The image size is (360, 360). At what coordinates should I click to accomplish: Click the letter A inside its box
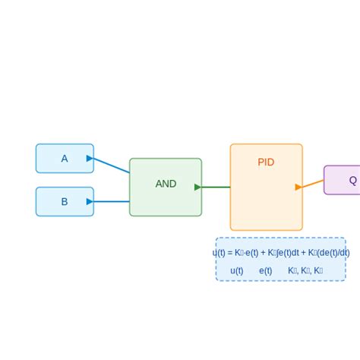(65, 159)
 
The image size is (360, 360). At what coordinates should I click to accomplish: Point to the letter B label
(65, 202)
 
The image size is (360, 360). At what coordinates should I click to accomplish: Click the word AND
(166, 184)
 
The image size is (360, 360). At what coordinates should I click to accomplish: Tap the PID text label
(266, 163)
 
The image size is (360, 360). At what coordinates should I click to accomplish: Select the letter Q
(352, 181)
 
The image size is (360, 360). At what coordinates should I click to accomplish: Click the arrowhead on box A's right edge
(90, 158)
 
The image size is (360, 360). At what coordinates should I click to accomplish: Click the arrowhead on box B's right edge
(90, 201)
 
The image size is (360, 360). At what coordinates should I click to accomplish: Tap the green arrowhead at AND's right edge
(197, 187)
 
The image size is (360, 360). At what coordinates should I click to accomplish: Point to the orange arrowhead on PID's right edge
(298, 187)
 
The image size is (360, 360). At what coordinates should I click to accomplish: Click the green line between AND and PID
(216, 187)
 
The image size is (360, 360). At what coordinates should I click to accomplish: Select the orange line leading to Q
(314, 183)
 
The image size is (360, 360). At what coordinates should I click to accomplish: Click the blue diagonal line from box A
(111, 166)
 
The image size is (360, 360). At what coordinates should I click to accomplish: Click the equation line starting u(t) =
(281, 253)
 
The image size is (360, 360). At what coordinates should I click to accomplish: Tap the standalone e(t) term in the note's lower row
(266, 270)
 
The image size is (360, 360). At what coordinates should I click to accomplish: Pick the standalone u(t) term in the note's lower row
(237, 270)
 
